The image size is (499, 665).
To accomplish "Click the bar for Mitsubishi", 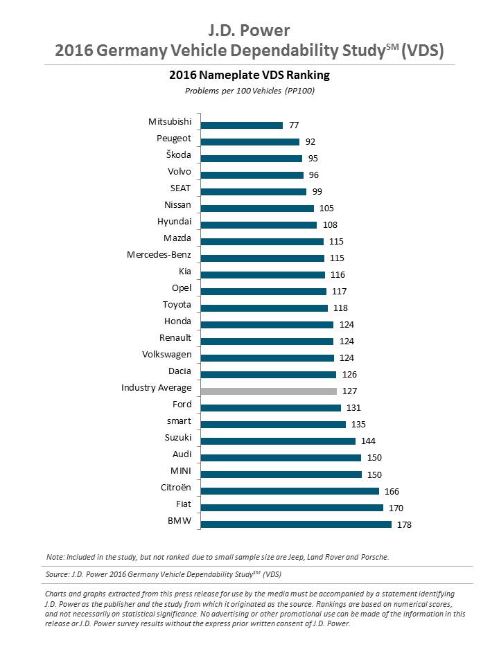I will [242, 125].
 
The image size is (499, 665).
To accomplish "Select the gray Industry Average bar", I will [269, 391].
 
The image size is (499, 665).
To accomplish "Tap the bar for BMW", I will [296, 524].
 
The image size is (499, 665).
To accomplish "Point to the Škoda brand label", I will [177, 155].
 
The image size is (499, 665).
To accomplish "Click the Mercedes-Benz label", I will [159, 255].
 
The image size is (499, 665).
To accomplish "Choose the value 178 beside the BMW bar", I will [404, 524].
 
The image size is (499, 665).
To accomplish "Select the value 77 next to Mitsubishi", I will [294, 125].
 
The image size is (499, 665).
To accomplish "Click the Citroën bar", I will [290, 491].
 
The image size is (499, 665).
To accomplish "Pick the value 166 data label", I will [392, 491].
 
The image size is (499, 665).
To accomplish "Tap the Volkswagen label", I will [166, 355].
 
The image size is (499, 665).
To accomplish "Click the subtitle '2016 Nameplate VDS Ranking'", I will [249, 75].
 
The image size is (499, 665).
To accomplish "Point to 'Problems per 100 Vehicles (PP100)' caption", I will [249, 91].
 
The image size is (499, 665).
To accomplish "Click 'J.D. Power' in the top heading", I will [249, 30].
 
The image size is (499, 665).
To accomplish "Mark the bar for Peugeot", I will [250, 142].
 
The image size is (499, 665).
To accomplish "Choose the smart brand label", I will [178, 421].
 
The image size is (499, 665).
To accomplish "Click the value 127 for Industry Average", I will [349, 391].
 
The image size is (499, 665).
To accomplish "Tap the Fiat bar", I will [292, 508].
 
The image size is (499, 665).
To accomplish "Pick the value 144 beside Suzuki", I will [368, 441].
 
